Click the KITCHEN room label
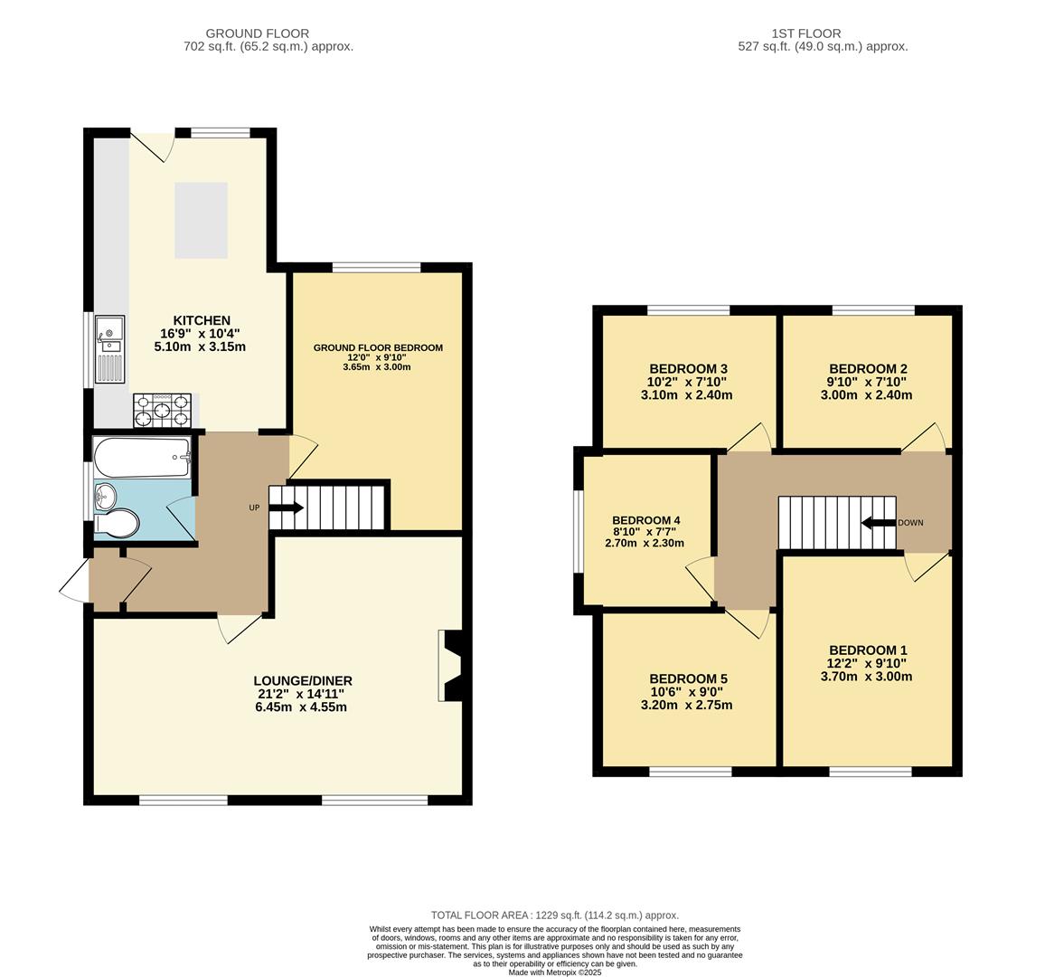coord(202,320)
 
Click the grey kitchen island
coord(201,220)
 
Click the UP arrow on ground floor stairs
coord(286,507)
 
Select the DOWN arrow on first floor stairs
coord(877,523)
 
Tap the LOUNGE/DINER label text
coord(302,681)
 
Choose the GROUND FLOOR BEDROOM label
coord(378,347)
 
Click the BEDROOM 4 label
coord(645,520)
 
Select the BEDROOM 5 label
coord(688,678)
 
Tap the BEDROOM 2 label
coord(867,369)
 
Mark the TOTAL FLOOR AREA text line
coord(554,915)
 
